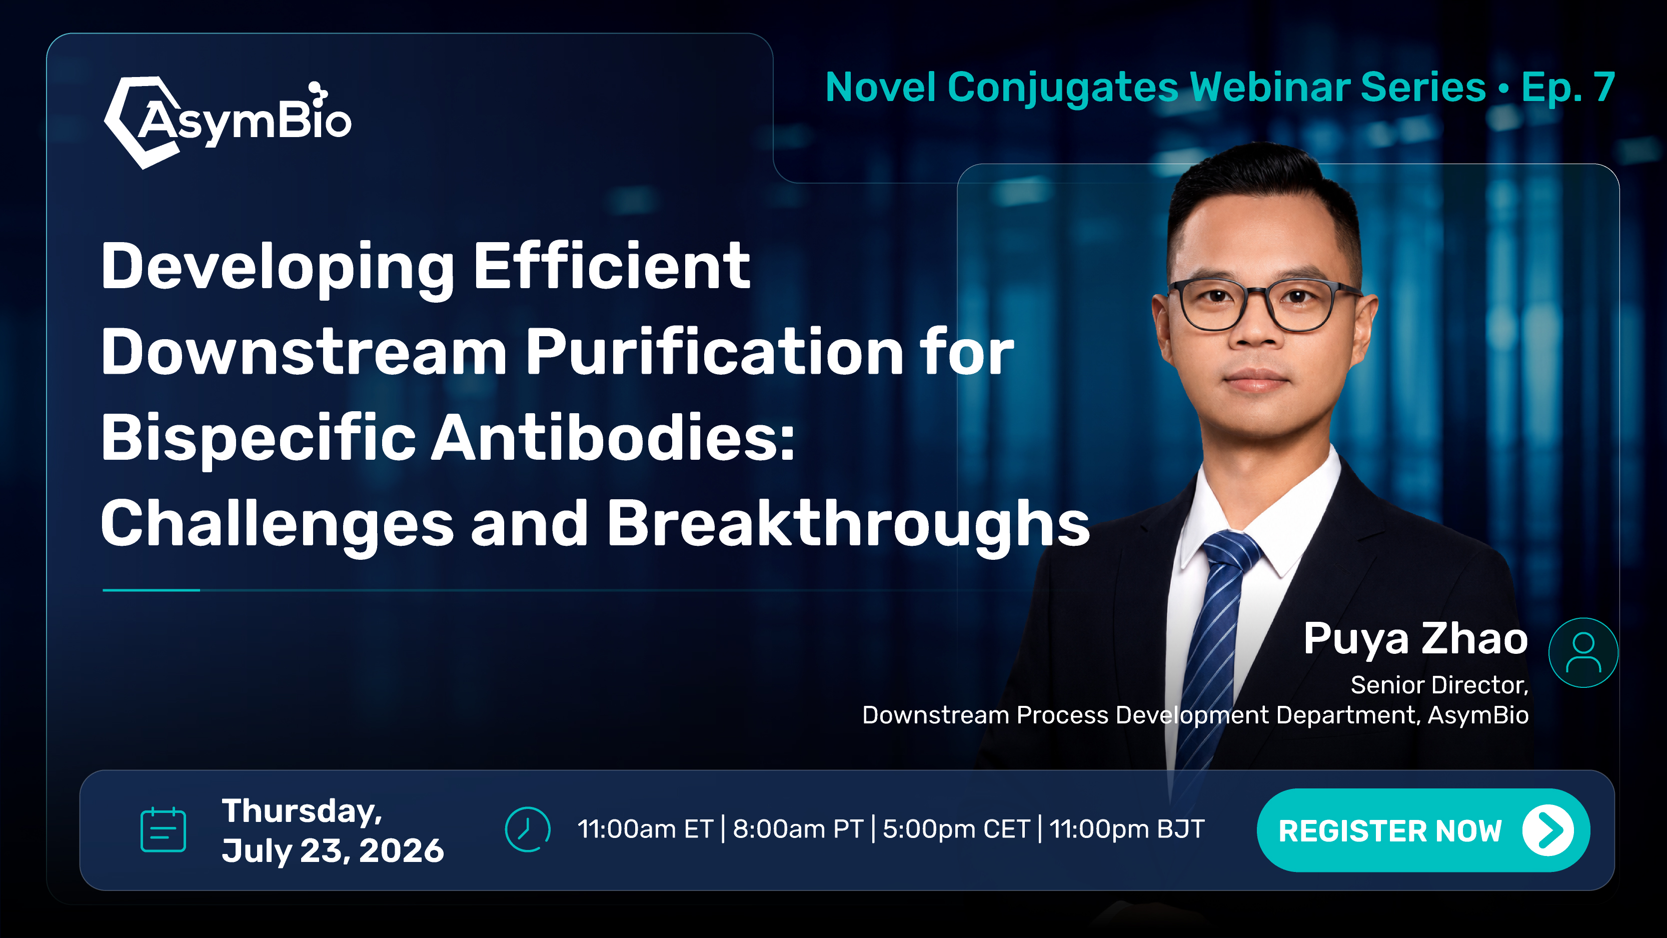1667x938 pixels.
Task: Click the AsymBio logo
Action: (227, 122)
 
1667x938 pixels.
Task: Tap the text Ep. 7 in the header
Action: (1568, 88)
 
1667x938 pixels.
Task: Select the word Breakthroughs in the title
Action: (848, 524)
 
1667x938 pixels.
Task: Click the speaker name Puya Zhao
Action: (1416, 639)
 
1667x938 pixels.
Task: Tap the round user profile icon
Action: (1583, 652)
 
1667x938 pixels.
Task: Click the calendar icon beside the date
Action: (163, 829)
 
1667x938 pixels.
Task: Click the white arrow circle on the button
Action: (1548, 830)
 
